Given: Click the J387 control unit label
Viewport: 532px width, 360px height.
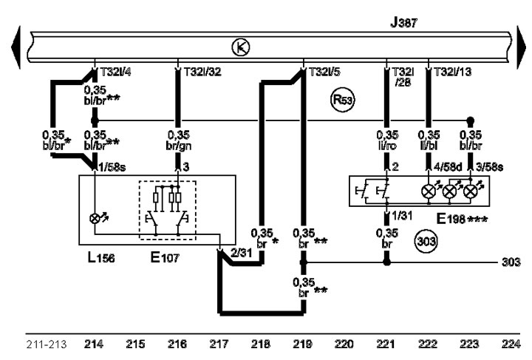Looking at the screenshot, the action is pos(403,22).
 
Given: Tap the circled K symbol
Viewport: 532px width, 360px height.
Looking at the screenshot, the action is pos(241,47).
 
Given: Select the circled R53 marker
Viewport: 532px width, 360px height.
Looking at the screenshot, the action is pos(342,100).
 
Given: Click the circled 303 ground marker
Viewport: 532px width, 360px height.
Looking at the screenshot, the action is pos(426,242).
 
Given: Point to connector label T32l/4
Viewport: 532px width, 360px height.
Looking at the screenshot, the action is pos(116,72).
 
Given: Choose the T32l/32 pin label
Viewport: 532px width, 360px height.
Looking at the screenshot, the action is pos(202,72).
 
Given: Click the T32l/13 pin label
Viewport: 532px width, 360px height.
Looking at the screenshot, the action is pos(453,72).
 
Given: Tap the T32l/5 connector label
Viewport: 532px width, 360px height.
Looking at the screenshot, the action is pos(324,72).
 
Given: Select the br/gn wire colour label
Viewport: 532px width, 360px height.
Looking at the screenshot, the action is pos(179,146).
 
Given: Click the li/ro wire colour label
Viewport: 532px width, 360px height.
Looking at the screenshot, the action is pos(386,146).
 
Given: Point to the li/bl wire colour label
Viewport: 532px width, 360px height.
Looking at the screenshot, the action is pos(429,146).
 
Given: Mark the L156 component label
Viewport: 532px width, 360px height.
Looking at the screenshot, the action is pos(101,257).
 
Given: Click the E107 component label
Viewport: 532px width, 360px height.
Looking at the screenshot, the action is pos(165,257).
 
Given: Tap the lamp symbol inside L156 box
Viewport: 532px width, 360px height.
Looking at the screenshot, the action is pos(95,219).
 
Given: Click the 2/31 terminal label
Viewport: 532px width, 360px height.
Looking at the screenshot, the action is pos(241,252).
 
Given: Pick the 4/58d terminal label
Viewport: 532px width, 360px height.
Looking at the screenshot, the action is pos(448,167).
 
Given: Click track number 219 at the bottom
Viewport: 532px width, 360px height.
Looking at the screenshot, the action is pos(302,344).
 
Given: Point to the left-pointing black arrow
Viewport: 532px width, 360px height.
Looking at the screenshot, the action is pos(16,47).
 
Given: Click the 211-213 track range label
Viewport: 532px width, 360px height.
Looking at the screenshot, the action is pos(47,344).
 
